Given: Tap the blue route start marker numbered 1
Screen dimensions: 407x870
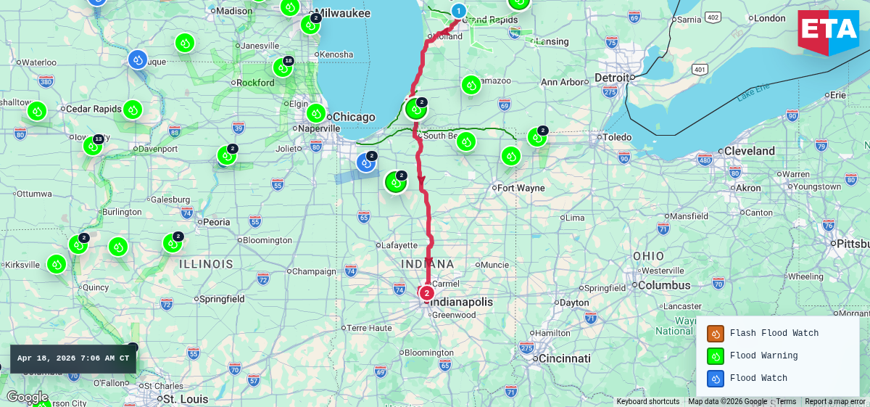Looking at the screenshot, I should click(458, 11).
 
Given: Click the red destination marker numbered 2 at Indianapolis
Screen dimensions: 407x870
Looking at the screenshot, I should click(427, 293).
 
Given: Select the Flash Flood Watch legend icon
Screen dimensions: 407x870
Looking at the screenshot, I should click(716, 334).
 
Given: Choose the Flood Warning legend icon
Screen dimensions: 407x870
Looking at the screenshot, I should click(716, 356).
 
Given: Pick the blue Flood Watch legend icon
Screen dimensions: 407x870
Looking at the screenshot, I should click(716, 378).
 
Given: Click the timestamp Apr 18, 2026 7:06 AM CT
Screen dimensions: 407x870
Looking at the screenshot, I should click(73, 358).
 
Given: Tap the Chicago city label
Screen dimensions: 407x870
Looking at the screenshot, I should click(355, 117).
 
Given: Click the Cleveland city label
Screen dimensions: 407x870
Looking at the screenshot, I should click(750, 151).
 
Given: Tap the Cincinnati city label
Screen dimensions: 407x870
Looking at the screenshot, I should click(564, 358).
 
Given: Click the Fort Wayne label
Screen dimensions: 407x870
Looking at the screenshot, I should click(521, 188).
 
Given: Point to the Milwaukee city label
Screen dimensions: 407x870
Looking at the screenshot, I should click(344, 13).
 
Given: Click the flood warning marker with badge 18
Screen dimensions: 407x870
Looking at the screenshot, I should click(282, 67).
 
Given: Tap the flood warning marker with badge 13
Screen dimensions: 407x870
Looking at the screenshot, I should click(92, 146).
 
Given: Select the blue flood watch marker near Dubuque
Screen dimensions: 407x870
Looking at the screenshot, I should click(138, 59).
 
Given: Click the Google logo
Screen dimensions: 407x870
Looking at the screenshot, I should click(27, 397).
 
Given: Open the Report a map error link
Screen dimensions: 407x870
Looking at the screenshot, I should click(835, 402).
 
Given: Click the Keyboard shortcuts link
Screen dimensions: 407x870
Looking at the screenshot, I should click(648, 402).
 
